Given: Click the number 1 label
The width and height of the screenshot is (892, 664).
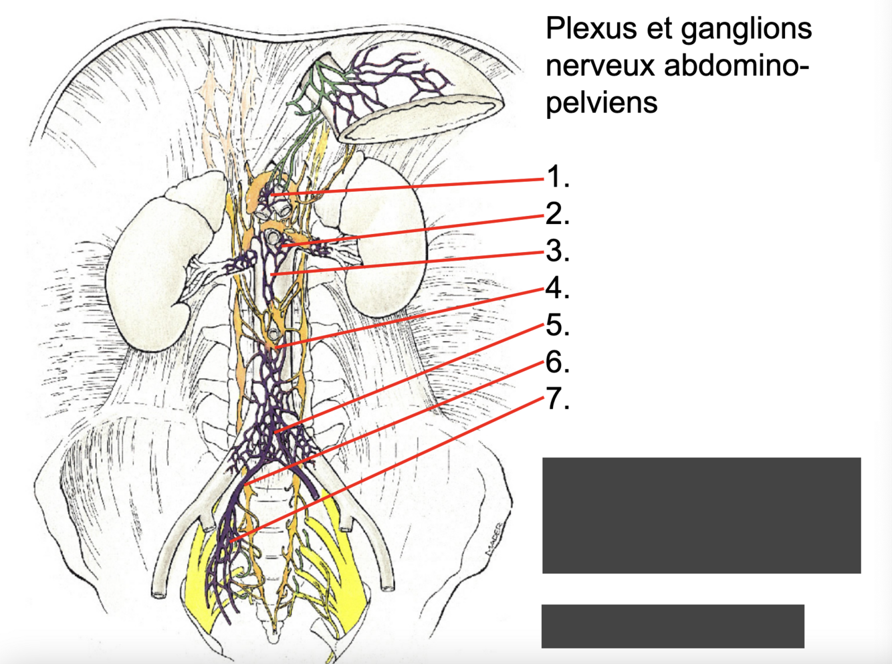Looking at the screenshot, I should pos(557,177).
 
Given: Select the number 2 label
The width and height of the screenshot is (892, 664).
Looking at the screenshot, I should pos(557,214).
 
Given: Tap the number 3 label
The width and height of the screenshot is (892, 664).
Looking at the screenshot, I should pos(557,251).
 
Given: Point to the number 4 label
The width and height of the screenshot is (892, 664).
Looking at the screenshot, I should pos(557,288).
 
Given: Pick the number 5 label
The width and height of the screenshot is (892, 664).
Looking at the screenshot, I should pos(557,325).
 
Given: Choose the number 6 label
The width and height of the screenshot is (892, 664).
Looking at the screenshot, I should pos(557,362).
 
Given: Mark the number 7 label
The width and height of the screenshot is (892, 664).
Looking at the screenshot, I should pos(557,399).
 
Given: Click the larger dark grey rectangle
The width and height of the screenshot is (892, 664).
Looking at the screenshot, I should pos(701,515).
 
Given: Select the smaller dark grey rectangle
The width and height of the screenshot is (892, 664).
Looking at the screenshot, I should pos(672,626).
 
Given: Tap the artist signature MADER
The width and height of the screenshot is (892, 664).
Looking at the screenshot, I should pos(493,540).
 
